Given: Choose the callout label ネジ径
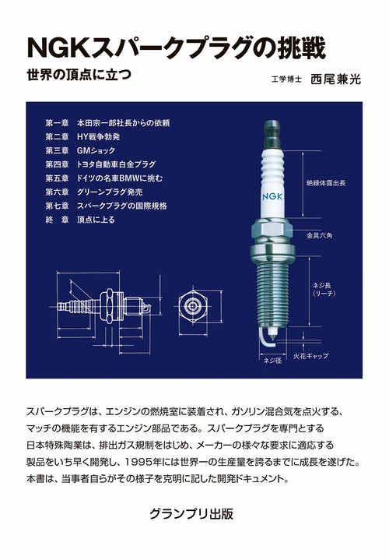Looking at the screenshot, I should pyautogui.click(x=271, y=361).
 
